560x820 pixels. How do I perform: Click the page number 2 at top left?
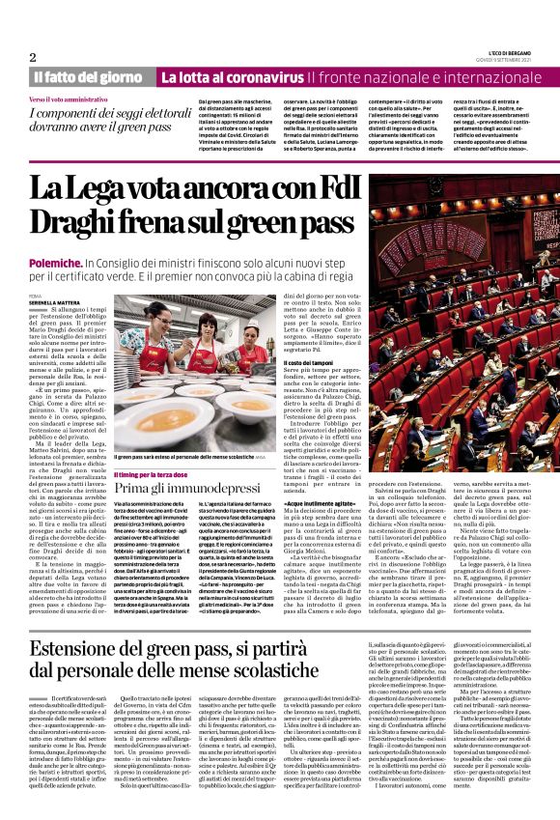coord(33,57)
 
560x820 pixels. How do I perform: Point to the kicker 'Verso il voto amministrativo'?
coord(68,99)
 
